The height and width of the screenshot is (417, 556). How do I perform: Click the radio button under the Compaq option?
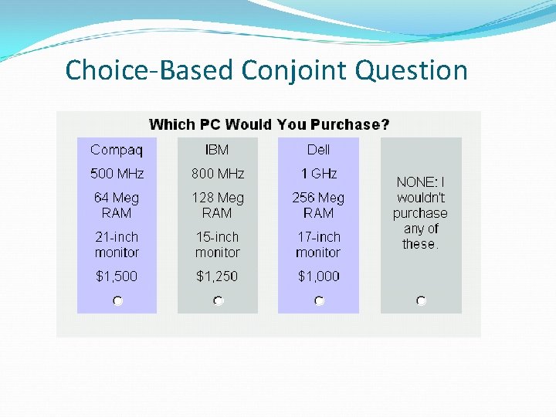pyautogui.click(x=117, y=300)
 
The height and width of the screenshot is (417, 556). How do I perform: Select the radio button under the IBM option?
pyautogui.click(x=219, y=300)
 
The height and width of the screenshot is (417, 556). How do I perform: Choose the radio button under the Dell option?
pyautogui.click(x=319, y=300)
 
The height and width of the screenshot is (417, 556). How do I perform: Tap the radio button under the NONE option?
pyautogui.click(x=421, y=300)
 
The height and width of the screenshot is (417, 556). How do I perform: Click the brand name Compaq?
pyautogui.click(x=112, y=150)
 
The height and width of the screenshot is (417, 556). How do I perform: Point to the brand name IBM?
pyautogui.click(x=217, y=150)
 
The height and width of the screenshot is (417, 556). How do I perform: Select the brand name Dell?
pyautogui.click(x=318, y=150)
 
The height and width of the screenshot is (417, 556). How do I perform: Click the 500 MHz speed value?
pyautogui.click(x=117, y=174)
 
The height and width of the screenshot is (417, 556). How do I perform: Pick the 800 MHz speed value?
pyautogui.click(x=218, y=174)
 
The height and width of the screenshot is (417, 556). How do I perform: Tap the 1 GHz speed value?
pyautogui.click(x=318, y=174)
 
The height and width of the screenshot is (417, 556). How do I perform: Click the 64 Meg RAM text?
pyautogui.click(x=117, y=205)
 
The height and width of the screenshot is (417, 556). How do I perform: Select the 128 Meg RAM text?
pyautogui.click(x=217, y=205)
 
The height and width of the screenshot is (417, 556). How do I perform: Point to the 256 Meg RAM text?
pyautogui.click(x=318, y=205)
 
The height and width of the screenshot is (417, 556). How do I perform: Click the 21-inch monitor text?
pyautogui.click(x=117, y=245)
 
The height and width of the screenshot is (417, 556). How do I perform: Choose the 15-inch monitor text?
pyautogui.click(x=217, y=245)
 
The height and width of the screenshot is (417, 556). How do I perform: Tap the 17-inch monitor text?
pyautogui.click(x=318, y=245)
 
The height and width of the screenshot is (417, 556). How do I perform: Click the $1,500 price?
pyautogui.click(x=116, y=276)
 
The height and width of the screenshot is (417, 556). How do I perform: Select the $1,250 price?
pyautogui.click(x=217, y=276)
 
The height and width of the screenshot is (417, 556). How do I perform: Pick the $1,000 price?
pyautogui.click(x=318, y=276)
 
